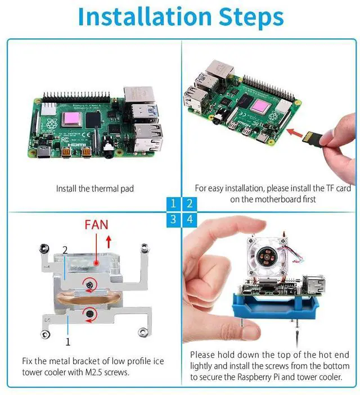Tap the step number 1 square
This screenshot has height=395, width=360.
174,204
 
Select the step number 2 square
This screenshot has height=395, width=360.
190,204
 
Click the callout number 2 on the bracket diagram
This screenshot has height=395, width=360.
65,249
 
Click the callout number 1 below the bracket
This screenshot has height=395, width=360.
68,341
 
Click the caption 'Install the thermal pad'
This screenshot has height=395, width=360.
95,189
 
